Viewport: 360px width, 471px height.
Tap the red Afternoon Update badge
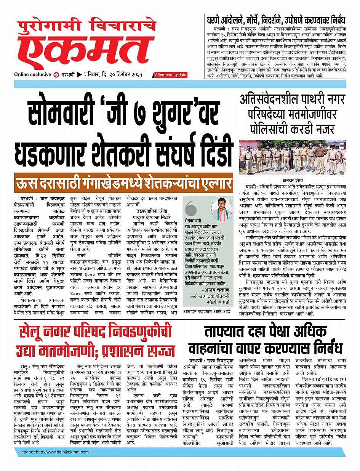[171, 75]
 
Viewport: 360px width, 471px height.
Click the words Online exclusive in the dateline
[33, 75]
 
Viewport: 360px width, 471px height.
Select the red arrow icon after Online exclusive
[56, 75]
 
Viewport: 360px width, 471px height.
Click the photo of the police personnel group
[292, 157]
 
